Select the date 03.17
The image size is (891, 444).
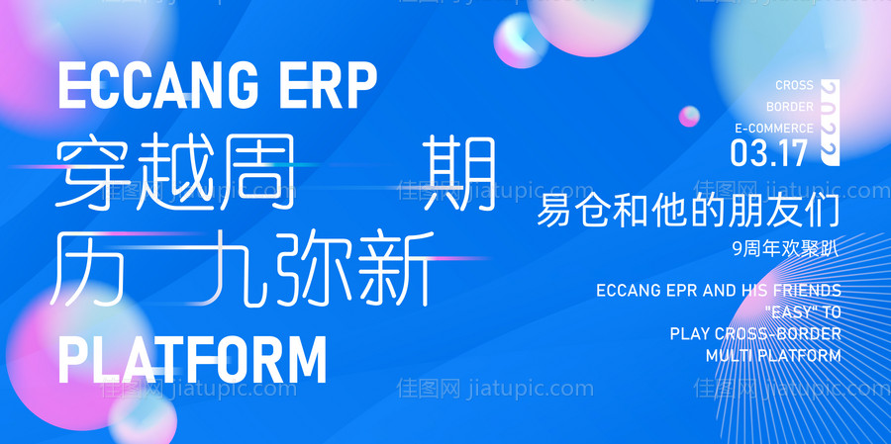click(x=768, y=151)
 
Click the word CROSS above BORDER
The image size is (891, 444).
click(x=794, y=86)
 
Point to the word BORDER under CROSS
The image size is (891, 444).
click(x=790, y=107)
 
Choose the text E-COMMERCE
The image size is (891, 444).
click(x=773, y=129)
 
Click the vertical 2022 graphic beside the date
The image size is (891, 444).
click(x=830, y=122)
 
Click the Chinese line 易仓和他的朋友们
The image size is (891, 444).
click(x=688, y=212)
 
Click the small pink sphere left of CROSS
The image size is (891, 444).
click(x=689, y=117)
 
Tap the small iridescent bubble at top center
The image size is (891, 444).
click(x=521, y=41)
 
